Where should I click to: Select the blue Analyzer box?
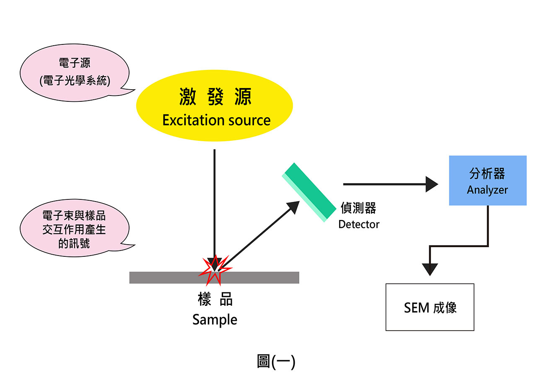click(x=488, y=181)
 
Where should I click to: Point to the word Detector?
click(x=358, y=224)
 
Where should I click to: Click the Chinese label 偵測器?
click(x=358, y=208)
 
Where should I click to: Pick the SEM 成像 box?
click(x=430, y=307)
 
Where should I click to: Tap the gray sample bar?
click(x=260, y=277)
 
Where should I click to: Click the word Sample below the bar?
click(x=215, y=320)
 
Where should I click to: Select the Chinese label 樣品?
click(x=215, y=300)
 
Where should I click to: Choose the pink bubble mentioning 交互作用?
click(x=74, y=229)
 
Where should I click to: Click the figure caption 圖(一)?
click(x=275, y=361)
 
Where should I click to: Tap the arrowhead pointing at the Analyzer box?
click(x=432, y=184)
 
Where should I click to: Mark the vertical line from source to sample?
click(x=214, y=201)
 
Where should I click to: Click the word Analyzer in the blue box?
click(x=487, y=190)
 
